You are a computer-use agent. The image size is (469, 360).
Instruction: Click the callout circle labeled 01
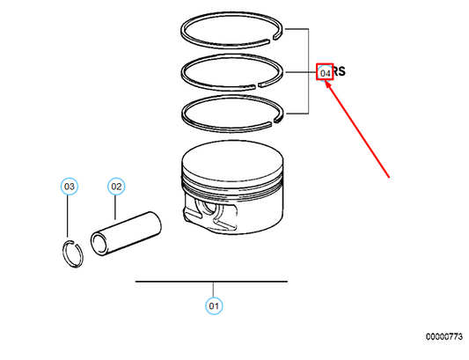(x=213, y=306)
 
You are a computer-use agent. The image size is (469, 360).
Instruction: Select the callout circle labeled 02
(x=116, y=187)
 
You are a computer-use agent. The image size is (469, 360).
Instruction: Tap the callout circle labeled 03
(x=70, y=187)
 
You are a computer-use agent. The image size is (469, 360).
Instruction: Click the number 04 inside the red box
(x=326, y=72)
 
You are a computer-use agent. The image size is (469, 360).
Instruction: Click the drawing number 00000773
(x=445, y=336)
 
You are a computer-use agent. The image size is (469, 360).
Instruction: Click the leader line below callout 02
(x=116, y=208)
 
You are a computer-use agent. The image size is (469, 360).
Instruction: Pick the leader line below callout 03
(x=70, y=216)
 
